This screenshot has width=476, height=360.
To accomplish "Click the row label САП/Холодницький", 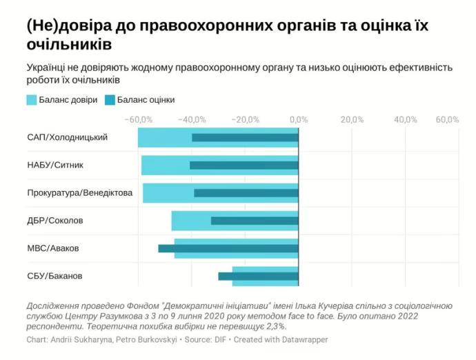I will click(x=67, y=137).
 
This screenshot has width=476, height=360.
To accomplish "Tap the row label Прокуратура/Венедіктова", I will click(x=79, y=192).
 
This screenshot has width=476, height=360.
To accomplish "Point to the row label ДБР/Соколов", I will click(x=54, y=221).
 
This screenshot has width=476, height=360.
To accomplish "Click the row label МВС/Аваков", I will click(x=52, y=248).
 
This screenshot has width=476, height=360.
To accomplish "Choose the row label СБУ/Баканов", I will click(x=54, y=276).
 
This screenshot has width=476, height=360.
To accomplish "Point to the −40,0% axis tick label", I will click(x=192, y=119).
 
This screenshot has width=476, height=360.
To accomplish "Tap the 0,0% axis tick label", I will click(x=299, y=119).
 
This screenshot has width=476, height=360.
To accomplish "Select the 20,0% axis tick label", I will click(x=352, y=119).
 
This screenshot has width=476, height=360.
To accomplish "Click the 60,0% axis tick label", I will click(x=447, y=119).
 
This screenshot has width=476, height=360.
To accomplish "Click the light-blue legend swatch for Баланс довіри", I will click(x=31, y=99).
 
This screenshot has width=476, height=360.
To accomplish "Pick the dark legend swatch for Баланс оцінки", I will click(x=110, y=99).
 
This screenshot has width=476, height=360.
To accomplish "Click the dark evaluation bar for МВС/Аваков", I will click(x=228, y=248).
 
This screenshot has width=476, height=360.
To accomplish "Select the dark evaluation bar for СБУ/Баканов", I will click(x=258, y=276).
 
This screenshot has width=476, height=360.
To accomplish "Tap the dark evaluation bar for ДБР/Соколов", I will click(x=255, y=221).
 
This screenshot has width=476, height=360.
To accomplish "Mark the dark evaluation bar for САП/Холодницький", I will click(x=245, y=137).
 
